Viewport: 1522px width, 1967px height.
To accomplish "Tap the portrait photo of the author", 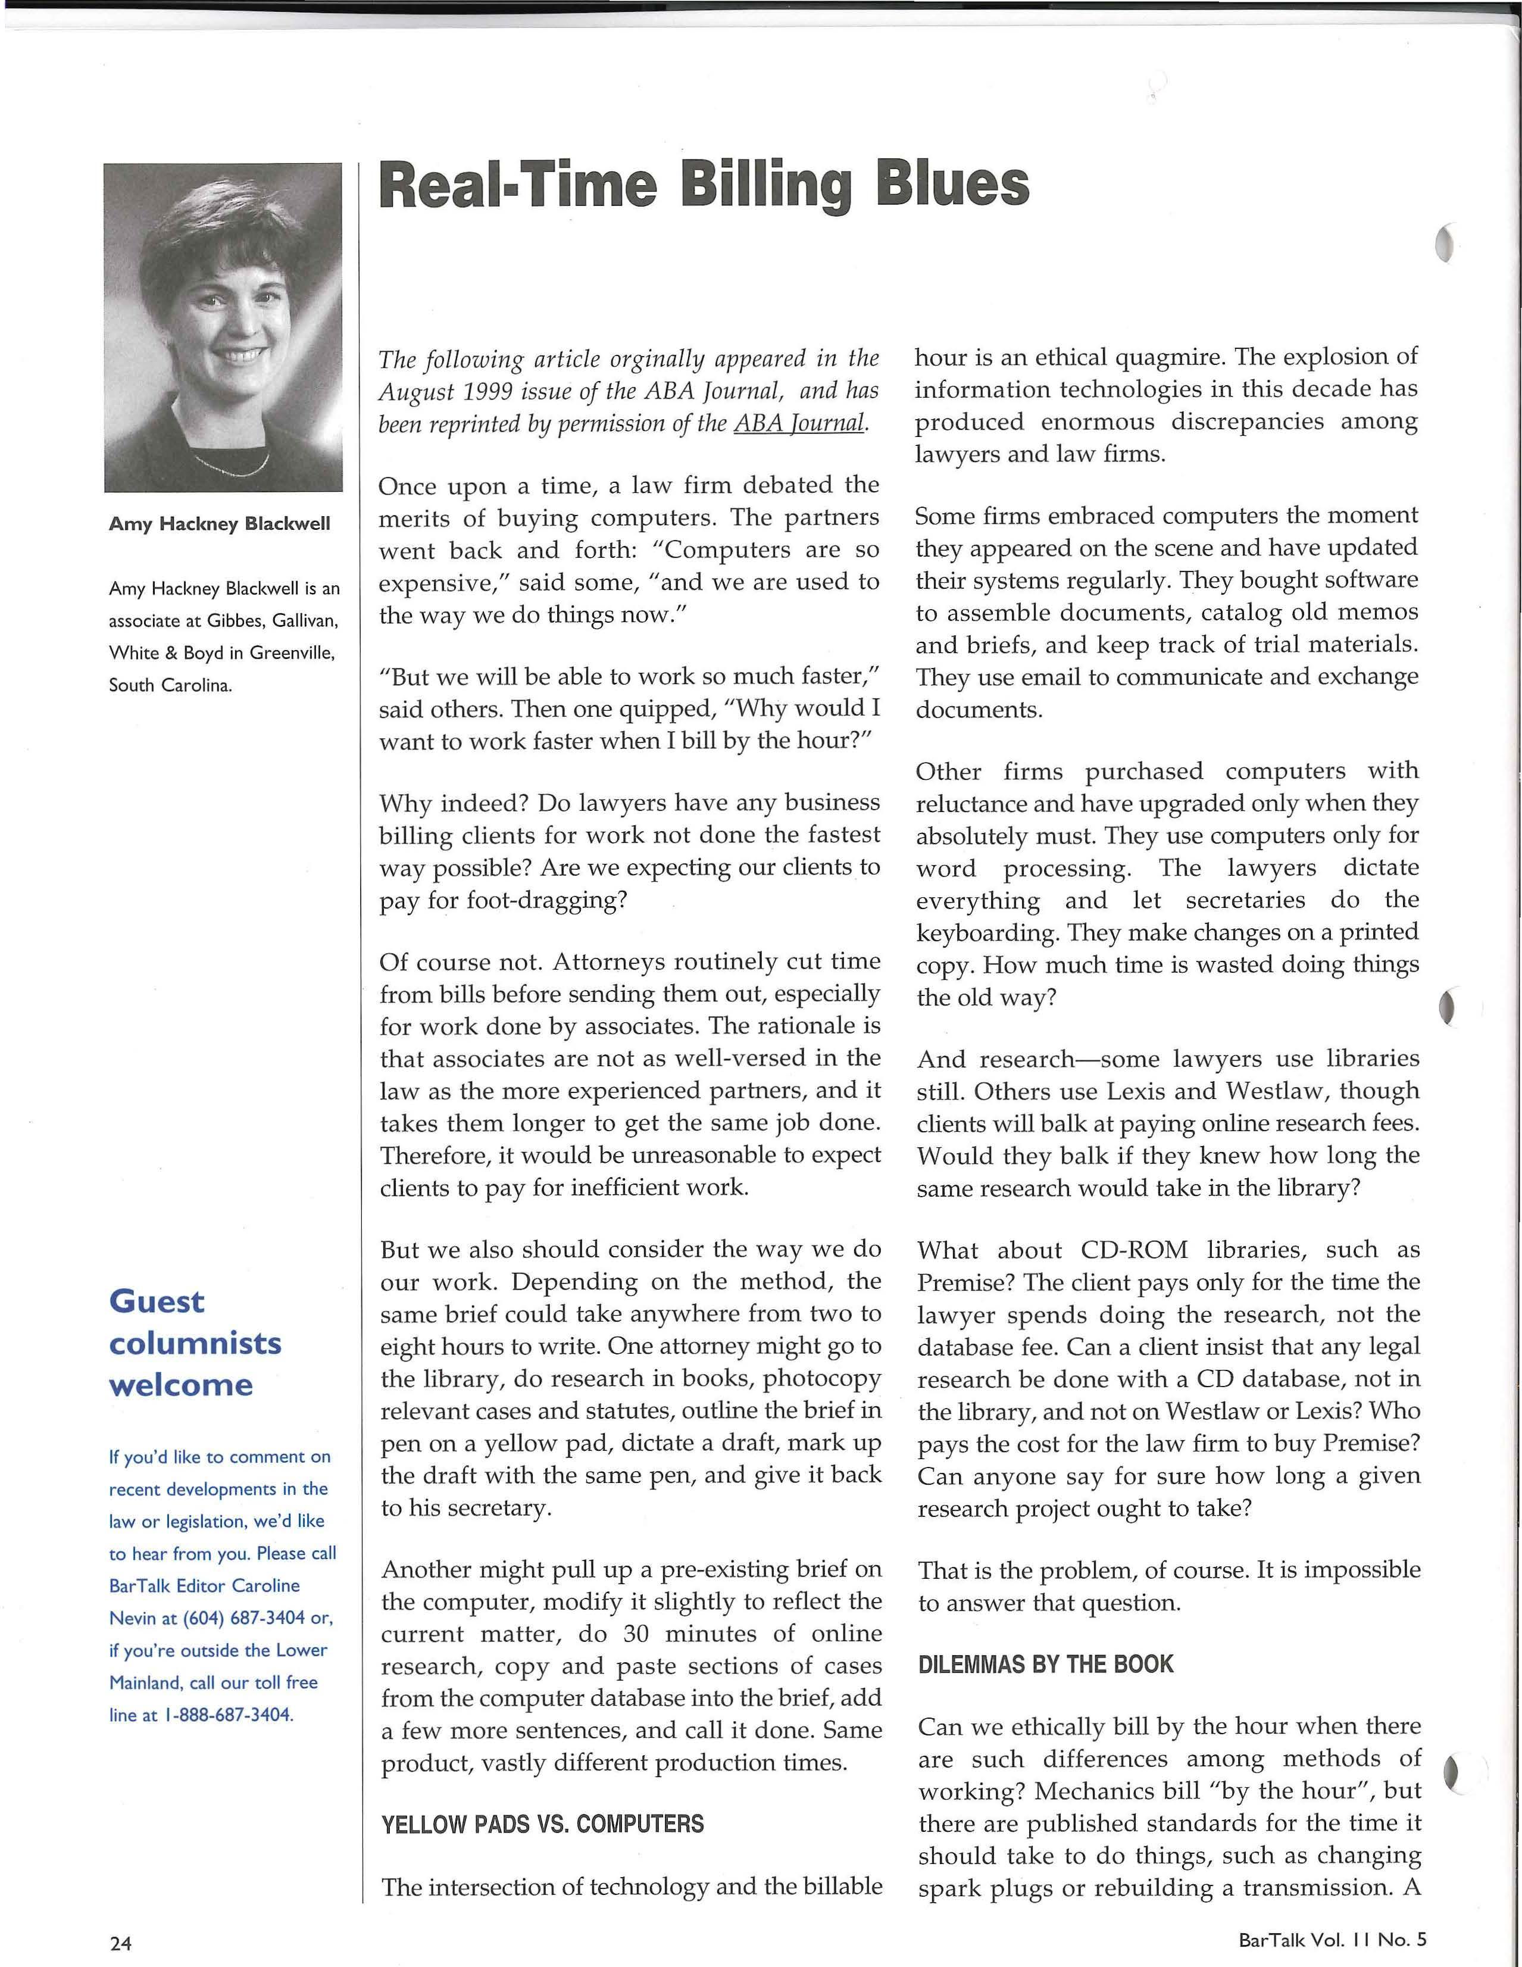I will [223, 327].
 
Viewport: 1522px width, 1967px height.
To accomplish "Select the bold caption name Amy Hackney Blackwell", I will [219, 523].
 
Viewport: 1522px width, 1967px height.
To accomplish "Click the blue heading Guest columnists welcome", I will [195, 1343].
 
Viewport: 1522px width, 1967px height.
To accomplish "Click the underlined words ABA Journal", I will [800, 423].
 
